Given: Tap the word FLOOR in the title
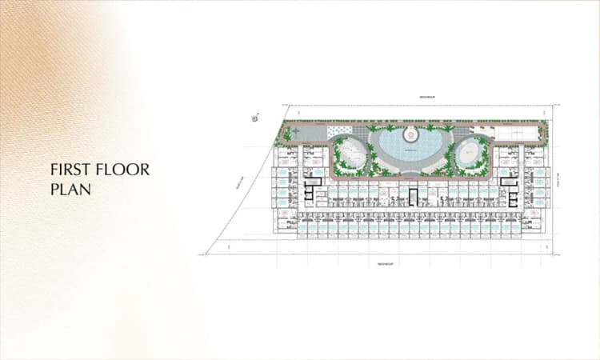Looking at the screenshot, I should pos(122,170).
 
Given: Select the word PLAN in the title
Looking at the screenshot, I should pos(68,190).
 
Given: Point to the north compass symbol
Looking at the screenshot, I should pos(255,117).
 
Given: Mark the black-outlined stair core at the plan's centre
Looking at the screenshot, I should pos(413,196).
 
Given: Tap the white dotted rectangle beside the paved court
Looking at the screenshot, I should pos(339,130).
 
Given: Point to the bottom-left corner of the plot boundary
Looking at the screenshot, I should pos(205,254).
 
